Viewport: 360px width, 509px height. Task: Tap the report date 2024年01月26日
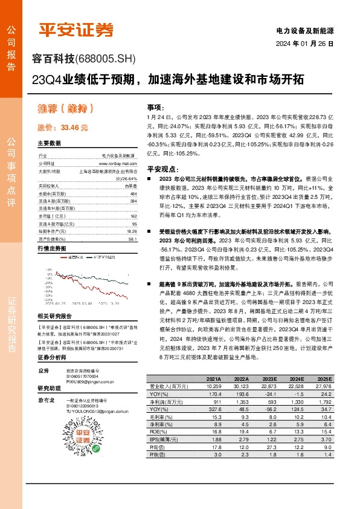click(304, 44)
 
